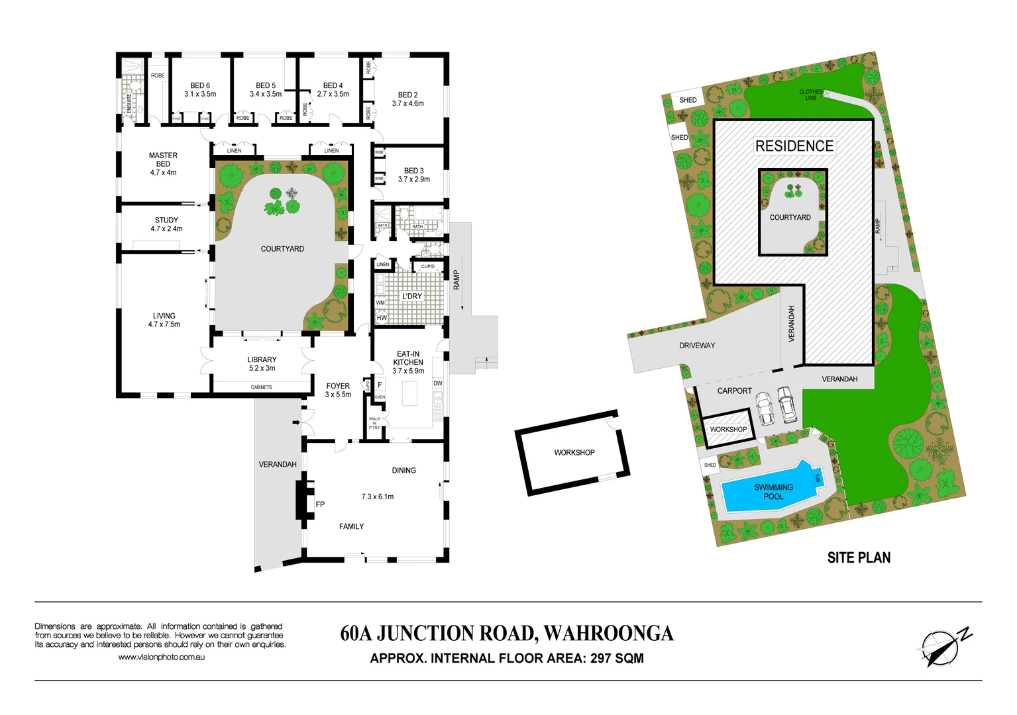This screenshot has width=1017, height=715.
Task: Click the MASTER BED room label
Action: point(163,164)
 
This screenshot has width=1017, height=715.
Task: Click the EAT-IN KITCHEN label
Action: point(408,362)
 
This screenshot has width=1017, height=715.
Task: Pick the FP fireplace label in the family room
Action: point(320,504)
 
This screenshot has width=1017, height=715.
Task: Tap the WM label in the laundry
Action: point(380,303)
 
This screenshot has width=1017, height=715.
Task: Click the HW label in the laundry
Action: point(382,318)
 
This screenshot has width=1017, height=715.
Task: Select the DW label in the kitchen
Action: point(437,383)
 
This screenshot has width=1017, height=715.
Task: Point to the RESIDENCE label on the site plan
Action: point(794,146)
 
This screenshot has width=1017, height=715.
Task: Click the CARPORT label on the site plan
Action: point(734,391)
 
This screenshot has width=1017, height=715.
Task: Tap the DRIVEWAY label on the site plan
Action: point(697,346)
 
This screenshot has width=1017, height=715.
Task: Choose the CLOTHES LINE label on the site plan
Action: point(810,95)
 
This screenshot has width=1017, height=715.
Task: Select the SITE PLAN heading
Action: point(859,558)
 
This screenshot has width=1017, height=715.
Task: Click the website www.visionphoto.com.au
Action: point(161,657)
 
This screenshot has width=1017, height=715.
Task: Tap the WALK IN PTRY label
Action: point(374,423)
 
